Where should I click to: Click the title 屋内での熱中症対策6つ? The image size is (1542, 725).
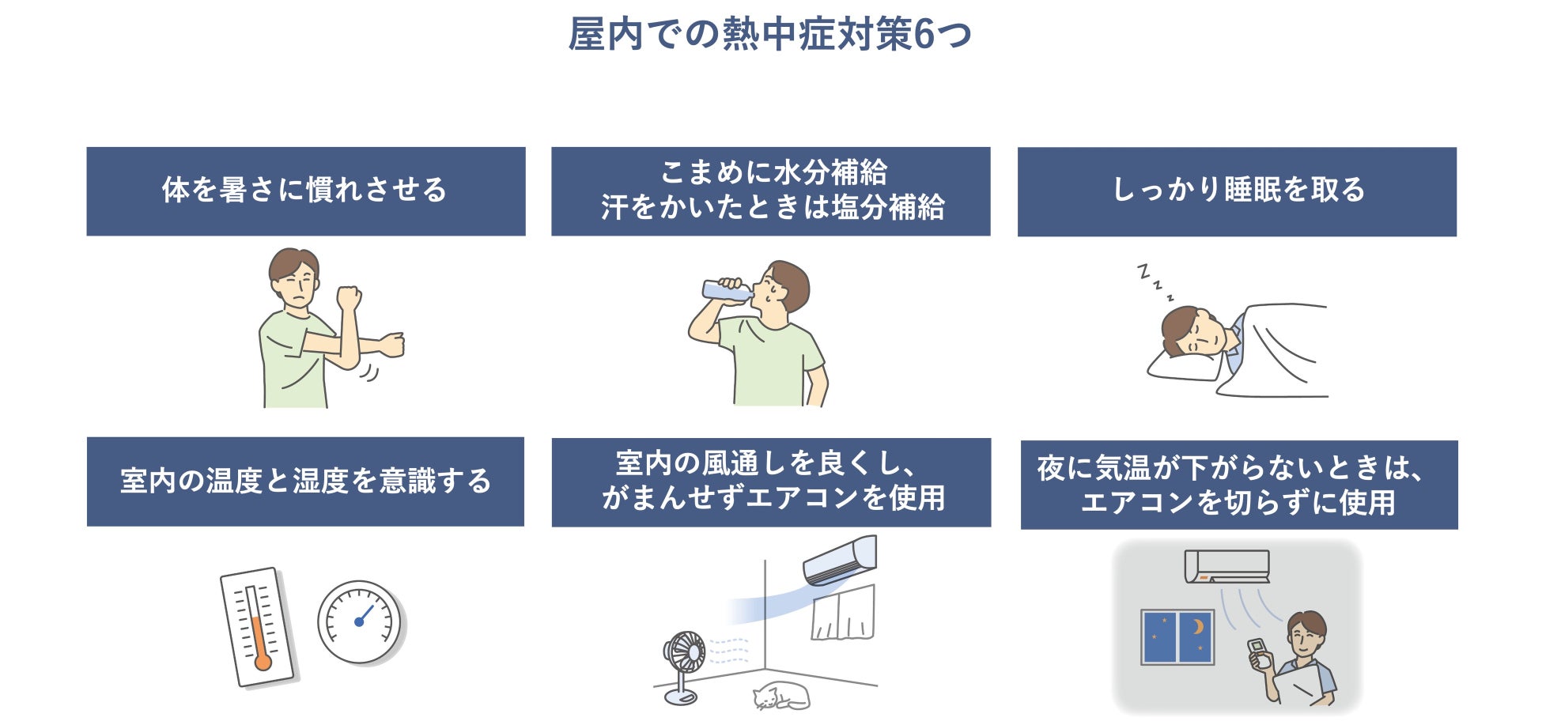(x=770, y=35)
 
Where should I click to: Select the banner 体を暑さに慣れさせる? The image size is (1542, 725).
(x=305, y=191)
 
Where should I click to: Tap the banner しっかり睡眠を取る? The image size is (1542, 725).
(x=1237, y=191)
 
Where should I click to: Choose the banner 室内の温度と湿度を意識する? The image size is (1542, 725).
(x=305, y=481)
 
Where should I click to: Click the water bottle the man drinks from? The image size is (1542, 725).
(x=726, y=290)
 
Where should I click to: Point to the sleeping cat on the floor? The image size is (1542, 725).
(x=780, y=696)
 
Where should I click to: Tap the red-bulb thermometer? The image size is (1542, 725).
(x=257, y=626)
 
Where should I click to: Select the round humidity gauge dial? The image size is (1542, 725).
(x=359, y=621)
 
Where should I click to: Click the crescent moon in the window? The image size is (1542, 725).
(x=1198, y=627)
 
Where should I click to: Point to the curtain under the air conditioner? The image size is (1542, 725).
(x=844, y=615)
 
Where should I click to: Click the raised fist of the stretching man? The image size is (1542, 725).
(x=348, y=297)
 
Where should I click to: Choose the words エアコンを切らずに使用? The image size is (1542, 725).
(x=1238, y=503)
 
